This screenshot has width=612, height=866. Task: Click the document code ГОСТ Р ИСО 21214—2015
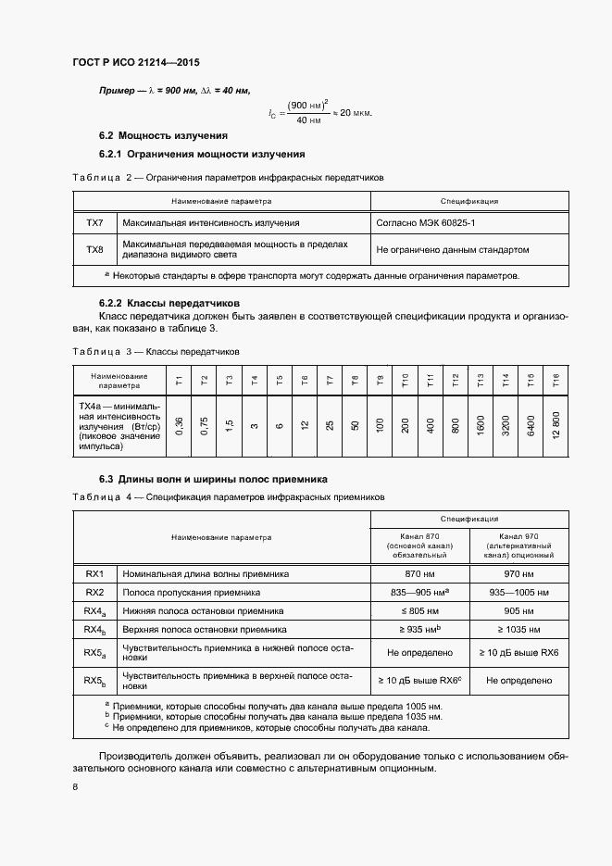click(135, 63)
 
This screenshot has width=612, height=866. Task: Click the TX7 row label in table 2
click(94, 223)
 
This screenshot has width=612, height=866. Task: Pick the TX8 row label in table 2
click(94, 249)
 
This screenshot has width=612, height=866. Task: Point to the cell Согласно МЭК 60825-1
click(426, 223)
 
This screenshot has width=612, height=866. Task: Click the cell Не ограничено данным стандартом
click(453, 249)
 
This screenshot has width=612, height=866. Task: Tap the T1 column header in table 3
click(179, 379)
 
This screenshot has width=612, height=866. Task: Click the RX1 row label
click(94, 573)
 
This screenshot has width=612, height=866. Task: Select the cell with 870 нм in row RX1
click(420, 573)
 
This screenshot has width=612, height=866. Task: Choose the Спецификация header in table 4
click(469, 519)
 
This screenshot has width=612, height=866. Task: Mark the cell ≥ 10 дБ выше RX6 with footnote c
click(419, 680)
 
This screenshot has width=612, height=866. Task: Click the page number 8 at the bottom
click(75, 787)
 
